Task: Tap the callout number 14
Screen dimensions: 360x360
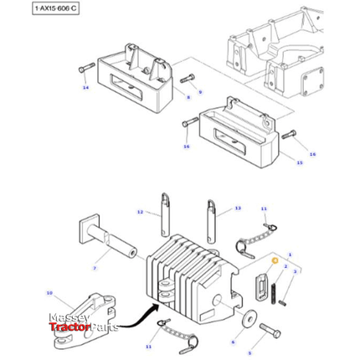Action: [85, 87]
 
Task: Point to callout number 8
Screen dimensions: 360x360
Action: [188, 98]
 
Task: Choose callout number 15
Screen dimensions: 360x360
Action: [298, 162]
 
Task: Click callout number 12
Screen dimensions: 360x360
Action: [141, 210]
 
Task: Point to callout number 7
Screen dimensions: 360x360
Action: [95, 268]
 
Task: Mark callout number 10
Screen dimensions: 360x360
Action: [49, 292]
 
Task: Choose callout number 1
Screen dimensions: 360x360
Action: [289, 252]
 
